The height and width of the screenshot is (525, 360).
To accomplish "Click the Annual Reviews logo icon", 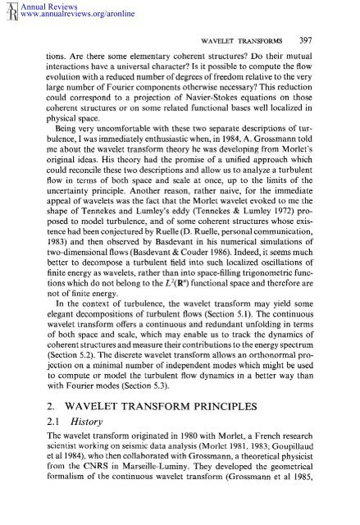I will click(11, 9).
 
